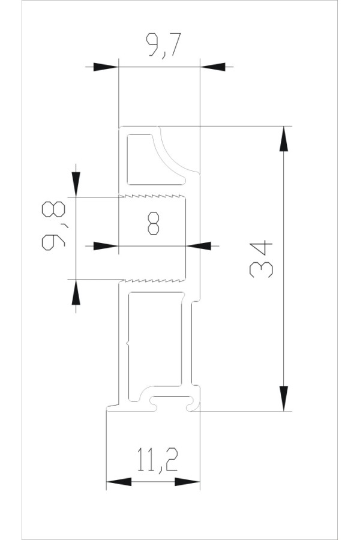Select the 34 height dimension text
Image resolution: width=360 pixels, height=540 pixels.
coord(262,259)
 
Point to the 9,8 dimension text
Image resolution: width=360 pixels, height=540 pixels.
coord(55,226)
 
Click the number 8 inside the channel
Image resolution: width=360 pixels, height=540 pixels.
coord(153,225)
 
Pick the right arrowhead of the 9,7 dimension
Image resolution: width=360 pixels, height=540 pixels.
coord(212,67)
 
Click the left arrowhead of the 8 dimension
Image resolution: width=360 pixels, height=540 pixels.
coord(105,245)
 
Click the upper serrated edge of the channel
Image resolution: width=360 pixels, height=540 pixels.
coord(153,196)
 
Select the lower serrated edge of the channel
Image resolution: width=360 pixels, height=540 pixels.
coord(153,279)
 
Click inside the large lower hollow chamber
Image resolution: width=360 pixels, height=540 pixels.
coord(155,339)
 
